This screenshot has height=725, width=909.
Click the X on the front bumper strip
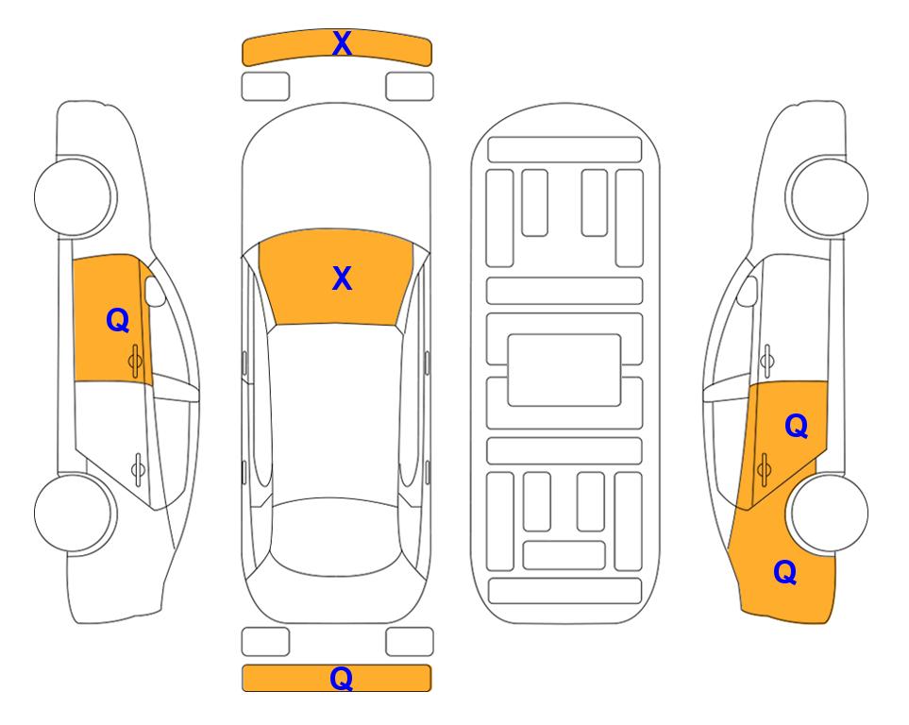(342, 43)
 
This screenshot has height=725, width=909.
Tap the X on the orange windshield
(342, 278)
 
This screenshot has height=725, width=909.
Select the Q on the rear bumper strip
(342, 678)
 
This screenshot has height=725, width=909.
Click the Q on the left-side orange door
(118, 320)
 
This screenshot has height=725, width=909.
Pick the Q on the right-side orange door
(797, 427)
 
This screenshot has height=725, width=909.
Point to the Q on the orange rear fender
(785, 572)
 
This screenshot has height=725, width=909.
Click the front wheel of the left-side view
(74, 196)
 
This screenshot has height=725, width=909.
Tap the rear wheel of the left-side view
(74, 513)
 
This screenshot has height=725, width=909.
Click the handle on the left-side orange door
(135, 361)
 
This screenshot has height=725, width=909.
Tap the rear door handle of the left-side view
(138, 468)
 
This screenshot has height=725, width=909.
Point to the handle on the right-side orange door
(764, 468)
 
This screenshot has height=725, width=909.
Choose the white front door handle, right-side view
(767, 361)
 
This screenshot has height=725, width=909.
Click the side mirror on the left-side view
(155, 292)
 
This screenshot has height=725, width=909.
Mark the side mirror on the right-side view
(748, 292)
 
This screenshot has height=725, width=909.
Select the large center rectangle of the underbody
(564, 370)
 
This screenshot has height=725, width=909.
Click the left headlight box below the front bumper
(265, 87)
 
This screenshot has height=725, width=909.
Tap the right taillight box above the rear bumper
(410, 642)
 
